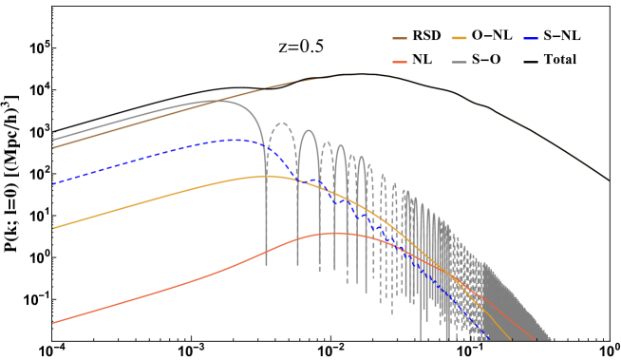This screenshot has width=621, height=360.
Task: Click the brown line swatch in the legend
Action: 400,39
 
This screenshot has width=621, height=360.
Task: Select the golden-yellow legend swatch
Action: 459,39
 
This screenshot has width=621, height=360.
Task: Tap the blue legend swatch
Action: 531,39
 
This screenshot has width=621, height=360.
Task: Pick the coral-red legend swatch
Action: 400,62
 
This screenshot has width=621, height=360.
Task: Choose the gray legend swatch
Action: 459,62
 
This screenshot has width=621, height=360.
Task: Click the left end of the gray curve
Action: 53,140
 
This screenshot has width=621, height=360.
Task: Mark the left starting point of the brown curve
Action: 53,147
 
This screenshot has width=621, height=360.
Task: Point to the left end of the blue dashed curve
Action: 53,183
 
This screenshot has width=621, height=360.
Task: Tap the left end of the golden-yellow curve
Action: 53,228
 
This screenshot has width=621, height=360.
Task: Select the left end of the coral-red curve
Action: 53,323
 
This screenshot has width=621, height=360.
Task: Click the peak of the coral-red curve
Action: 335,233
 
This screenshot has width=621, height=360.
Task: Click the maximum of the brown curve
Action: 356,74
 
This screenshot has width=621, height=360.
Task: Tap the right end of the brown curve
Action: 608,180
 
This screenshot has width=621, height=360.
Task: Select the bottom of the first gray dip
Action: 266,263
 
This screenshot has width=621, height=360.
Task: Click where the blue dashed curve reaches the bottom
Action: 490,338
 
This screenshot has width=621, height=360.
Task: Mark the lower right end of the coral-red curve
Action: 532,339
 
